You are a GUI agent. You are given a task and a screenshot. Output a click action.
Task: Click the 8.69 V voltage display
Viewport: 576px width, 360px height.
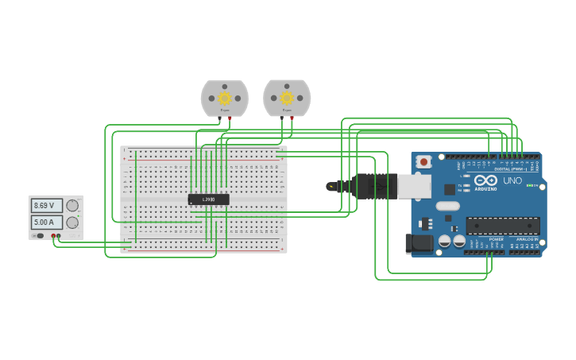click(x=46, y=206)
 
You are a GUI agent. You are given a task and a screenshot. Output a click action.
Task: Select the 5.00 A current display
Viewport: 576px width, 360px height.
click(x=46, y=223)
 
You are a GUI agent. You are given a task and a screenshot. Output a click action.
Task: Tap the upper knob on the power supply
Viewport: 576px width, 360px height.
click(x=72, y=206)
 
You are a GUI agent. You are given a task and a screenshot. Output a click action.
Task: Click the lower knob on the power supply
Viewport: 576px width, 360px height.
click(x=72, y=223)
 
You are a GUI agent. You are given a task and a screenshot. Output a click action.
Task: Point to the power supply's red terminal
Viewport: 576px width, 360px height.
click(x=53, y=236)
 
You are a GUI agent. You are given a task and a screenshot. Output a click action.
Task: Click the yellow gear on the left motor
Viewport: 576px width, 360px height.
click(x=225, y=99)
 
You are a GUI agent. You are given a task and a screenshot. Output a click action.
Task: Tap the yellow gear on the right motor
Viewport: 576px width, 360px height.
click(x=287, y=98)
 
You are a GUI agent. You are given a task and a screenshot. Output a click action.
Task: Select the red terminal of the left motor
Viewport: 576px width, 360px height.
click(x=230, y=118)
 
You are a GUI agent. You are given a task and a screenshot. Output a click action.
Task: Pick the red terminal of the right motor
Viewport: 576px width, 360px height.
click(x=292, y=118)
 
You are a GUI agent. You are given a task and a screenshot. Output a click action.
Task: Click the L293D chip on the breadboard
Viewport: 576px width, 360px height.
click(x=208, y=199)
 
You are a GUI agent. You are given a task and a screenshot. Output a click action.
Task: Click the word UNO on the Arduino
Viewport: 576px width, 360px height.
click(x=512, y=181)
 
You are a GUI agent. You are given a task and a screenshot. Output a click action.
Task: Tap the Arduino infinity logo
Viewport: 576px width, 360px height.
click(x=485, y=180)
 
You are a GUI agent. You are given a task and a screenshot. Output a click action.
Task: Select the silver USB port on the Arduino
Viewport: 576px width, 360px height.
click(x=414, y=186)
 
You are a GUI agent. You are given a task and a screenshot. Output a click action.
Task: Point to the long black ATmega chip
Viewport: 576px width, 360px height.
click(x=502, y=226)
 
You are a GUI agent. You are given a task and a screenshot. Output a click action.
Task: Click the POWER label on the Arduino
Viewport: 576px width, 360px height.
click(x=496, y=239)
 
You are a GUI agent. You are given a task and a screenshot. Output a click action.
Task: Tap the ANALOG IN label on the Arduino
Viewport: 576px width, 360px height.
click(x=526, y=239)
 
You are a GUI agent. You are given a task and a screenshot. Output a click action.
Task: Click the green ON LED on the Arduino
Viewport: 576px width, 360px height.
click(x=530, y=186)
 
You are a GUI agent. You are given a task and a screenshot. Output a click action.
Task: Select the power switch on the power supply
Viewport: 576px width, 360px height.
click(x=39, y=236)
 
